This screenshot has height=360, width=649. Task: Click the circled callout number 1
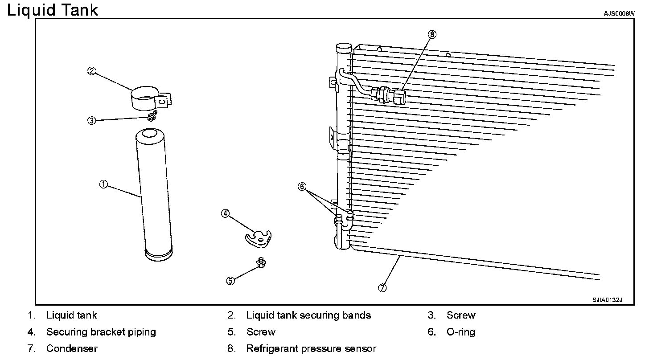pyautogui.click(x=103, y=184)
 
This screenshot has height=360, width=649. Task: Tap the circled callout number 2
pyautogui.click(x=91, y=71)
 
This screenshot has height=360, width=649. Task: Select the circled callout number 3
pyautogui.click(x=91, y=120)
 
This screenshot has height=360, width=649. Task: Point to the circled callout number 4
pyautogui.click(x=225, y=214)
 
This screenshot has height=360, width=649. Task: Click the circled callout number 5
pyautogui.click(x=230, y=281)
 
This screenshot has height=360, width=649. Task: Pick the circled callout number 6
pyautogui.click(x=302, y=187)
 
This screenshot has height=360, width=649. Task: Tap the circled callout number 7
pyautogui.click(x=382, y=288)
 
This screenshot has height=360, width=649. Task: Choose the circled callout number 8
pyautogui.click(x=431, y=34)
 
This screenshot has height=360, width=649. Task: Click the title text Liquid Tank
pyautogui.click(x=52, y=10)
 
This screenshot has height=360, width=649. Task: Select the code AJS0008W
pyautogui.click(x=619, y=14)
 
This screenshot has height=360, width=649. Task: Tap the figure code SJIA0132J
pyautogui.click(x=607, y=300)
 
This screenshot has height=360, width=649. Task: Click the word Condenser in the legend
pyautogui.click(x=72, y=348)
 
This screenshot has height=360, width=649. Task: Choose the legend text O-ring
pyautogui.click(x=461, y=332)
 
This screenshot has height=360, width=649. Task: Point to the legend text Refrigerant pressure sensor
pyautogui.click(x=311, y=348)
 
